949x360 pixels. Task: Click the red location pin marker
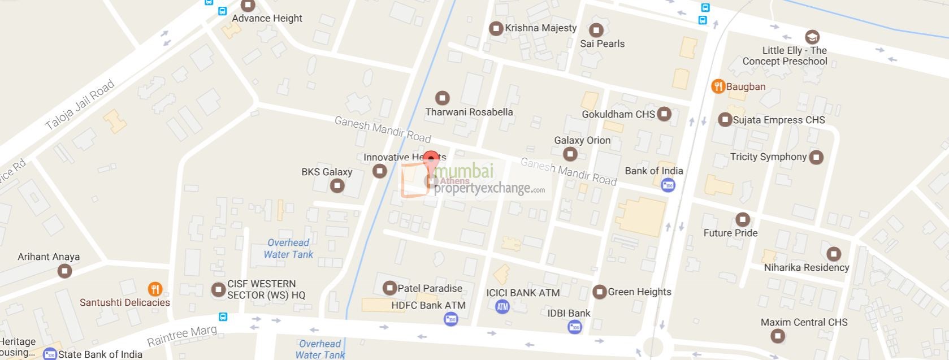pos(431,160)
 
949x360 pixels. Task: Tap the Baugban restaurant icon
pos(718,86)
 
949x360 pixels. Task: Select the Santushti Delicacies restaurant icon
pos(155,289)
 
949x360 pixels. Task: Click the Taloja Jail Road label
pos(80,105)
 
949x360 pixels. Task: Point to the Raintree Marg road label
pos(181,335)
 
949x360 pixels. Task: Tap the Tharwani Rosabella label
pos(469,112)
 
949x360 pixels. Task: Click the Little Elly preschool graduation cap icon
pos(812,37)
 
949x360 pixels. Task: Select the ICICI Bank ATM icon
pos(502,307)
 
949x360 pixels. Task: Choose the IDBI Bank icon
pos(574,327)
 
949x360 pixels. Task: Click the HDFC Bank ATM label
pos(428,305)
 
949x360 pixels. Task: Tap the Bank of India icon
pos(668,185)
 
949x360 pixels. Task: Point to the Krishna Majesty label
pos(541,28)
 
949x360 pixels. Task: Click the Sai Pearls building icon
pos(596,30)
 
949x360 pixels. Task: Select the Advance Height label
pos(267,18)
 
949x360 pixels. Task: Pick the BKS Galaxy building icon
pos(337,185)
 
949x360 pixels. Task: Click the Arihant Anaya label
pos(49,257)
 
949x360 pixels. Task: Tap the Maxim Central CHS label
pos(804,322)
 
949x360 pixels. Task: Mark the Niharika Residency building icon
pos(833,254)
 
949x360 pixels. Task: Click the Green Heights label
pos(639,292)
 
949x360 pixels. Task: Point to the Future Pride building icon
pos(742,219)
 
